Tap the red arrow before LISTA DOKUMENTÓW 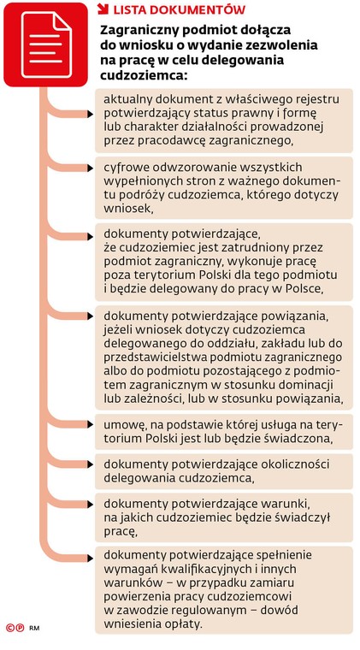coord(103,9)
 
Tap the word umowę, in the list coord(127,425)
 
